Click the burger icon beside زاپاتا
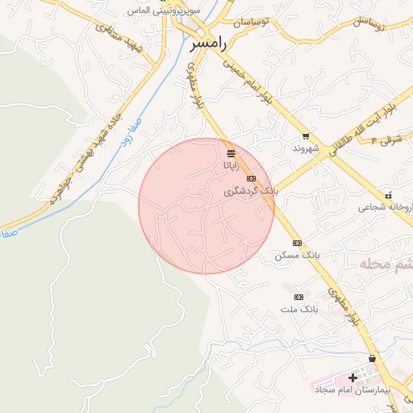pyautogui.click(x=231, y=152)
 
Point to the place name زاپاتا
pyautogui.click(x=231, y=165)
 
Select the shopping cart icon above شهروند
pyautogui.click(x=305, y=136)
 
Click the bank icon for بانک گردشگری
pyautogui.click(x=251, y=178)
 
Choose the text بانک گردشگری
pyautogui.click(x=251, y=191)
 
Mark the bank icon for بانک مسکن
pyautogui.click(x=297, y=242)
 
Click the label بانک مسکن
pyautogui.click(x=297, y=255)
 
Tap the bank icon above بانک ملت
pyautogui.click(x=299, y=297)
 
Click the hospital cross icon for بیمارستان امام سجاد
pyautogui.click(x=353, y=378)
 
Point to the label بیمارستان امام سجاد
pyautogui.click(x=353, y=389)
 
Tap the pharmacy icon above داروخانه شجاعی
pyautogui.click(x=389, y=195)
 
